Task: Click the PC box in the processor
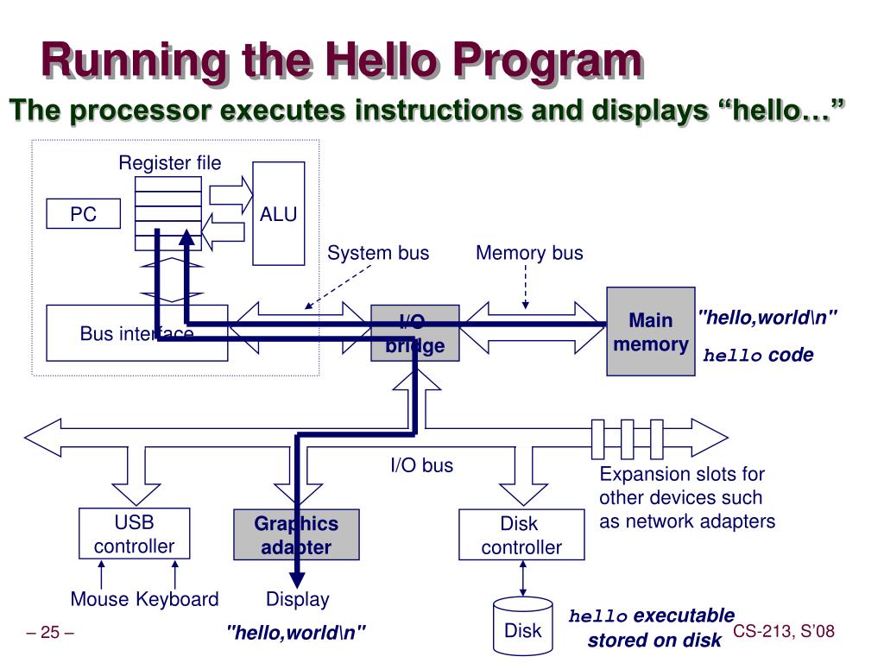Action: pyautogui.click(x=83, y=214)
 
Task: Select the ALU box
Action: pyautogui.click(x=278, y=213)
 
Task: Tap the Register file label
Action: pyautogui.click(x=169, y=163)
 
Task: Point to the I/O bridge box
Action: pyautogui.click(x=415, y=333)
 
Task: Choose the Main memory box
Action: pyautogui.click(x=650, y=331)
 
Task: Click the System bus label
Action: pyautogui.click(x=377, y=253)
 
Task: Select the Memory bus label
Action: pyautogui.click(x=529, y=253)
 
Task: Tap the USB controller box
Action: pyautogui.click(x=133, y=534)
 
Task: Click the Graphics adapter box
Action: pyautogui.click(x=295, y=535)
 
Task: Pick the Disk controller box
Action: pyautogui.click(x=521, y=535)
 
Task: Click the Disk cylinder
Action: pyautogui.click(x=522, y=628)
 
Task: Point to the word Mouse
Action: pyautogui.click(x=99, y=599)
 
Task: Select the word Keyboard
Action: pyautogui.click(x=177, y=599)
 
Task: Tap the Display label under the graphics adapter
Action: pyautogui.click(x=297, y=599)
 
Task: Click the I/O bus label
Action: pyautogui.click(x=421, y=466)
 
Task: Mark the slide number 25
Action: pyautogui.click(x=50, y=634)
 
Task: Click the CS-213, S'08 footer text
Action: pyautogui.click(x=784, y=632)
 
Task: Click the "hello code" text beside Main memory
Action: pyautogui.click(x=758, y=356)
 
